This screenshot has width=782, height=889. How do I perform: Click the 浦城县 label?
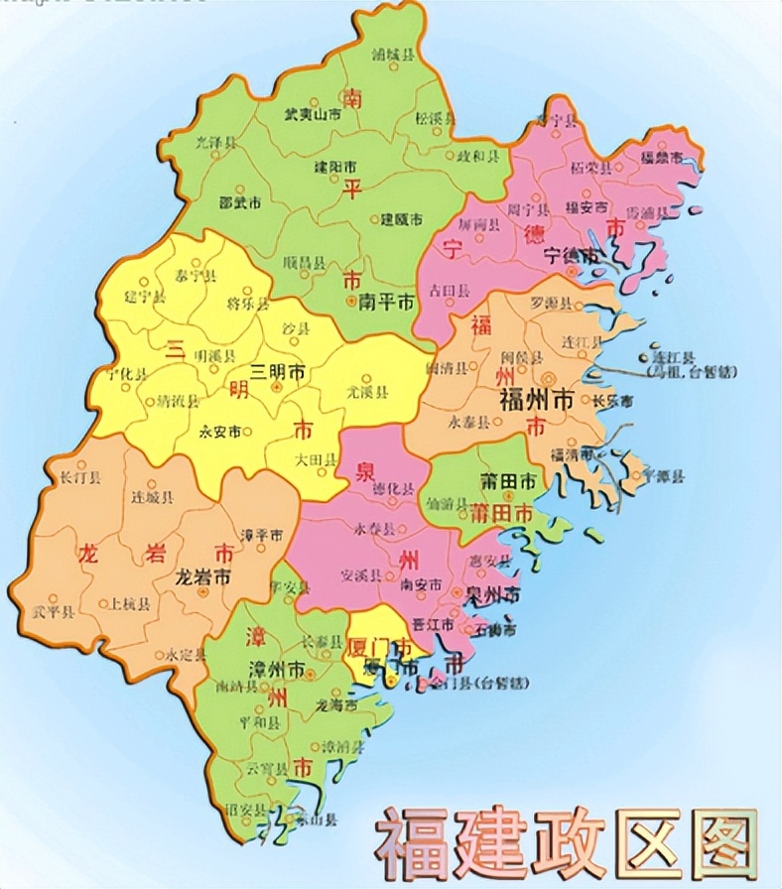tap(391, 56)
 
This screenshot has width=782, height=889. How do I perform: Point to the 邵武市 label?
tap(240, 202)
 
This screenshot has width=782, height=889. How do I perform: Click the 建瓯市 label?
tap(402, 218)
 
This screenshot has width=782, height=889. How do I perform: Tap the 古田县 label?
tap(445, 289)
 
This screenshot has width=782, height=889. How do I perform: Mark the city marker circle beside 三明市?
tap(276, 387)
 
